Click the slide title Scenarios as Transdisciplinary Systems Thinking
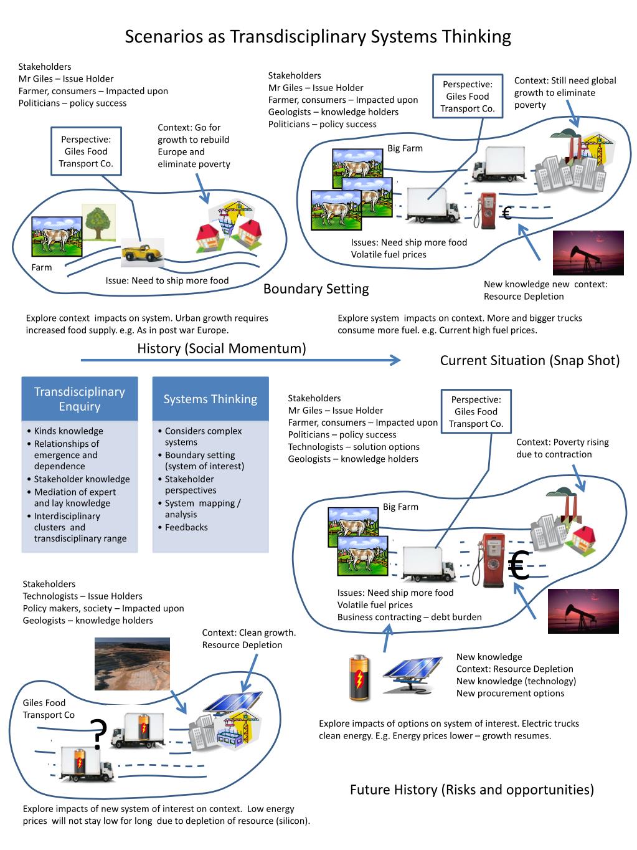tap(318, 37)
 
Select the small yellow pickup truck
tap(143, 252)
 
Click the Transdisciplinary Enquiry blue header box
tap(80, 399)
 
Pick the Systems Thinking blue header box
tap(210, 399)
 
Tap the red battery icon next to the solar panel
tap(360, 677)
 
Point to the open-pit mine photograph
tap(132, 664)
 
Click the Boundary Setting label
tap(316, 289)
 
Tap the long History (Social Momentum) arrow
tap(240, 360)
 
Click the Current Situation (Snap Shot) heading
tap(529, 360)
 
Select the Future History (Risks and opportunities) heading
tap(471, 790)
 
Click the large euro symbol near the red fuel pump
tap(518, 566)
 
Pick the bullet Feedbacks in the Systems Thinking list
tap(186, 527)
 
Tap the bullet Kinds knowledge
tap(68, 431)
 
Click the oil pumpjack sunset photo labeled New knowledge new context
tap(588, 252)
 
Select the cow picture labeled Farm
tap(57, 237)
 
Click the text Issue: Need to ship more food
tap(167, 280)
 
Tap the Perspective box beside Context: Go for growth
tap(86, 151)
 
